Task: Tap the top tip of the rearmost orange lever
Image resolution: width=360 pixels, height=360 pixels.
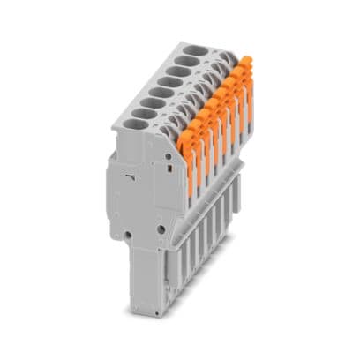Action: point(248,60)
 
